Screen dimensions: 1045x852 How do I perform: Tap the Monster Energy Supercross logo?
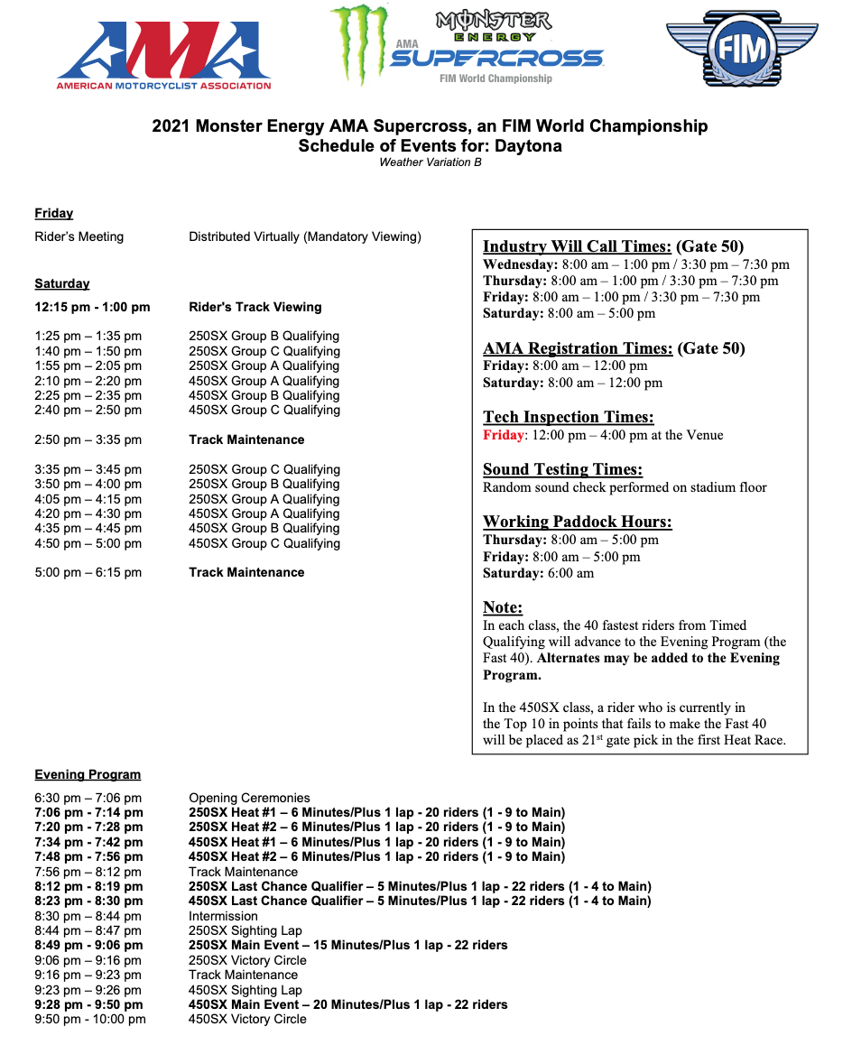click(466, 45)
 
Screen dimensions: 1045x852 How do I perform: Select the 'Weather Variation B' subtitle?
click(430, 162)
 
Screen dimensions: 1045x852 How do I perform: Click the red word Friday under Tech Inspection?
click(503, 435)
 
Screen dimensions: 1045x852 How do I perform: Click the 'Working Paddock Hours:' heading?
click(577, 522)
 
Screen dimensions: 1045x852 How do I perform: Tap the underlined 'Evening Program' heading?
click(88, 774)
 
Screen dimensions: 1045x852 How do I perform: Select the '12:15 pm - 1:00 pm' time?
click(92, 307)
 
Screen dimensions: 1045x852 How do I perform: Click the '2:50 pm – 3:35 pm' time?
click(88, 439)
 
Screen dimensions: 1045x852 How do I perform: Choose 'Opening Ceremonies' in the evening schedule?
click(249, 798)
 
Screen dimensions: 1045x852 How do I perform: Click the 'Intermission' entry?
click(223, 916)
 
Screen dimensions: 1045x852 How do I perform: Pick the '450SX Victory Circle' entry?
click(247, 1019)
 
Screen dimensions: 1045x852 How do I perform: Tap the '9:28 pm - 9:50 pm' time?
click(88, 1004)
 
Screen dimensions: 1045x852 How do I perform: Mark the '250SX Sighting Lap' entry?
click(245, 930)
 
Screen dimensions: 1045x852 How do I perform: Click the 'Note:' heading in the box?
click(503, 607)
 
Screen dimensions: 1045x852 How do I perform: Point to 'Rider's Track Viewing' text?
click(255, 307)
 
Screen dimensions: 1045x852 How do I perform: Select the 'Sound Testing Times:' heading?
click(562, 469)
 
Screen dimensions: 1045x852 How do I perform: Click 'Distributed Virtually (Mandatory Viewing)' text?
click(305, 236)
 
